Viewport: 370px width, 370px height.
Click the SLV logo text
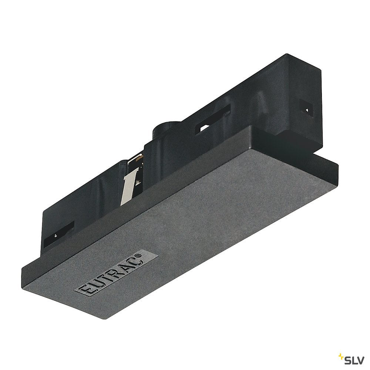click(x=356, y=358)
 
